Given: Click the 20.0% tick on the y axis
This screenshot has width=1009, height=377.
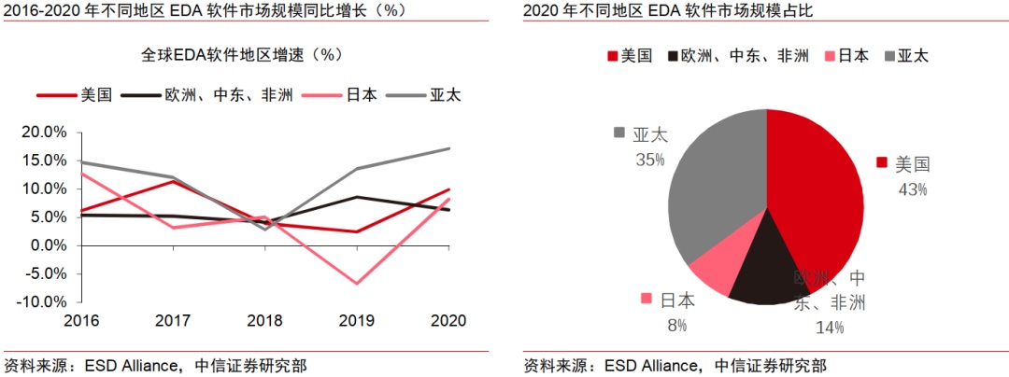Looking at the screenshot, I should pos(44,132).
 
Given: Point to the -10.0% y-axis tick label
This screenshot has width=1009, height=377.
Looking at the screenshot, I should pos(41,302).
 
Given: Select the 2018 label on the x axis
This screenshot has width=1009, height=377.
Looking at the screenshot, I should pos(264,320).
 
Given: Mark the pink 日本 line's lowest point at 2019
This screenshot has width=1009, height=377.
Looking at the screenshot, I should pos(356,283).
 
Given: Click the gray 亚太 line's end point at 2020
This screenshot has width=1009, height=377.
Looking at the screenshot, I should pos(448,148).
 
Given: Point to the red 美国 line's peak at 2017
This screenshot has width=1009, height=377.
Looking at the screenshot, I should pos(174,181).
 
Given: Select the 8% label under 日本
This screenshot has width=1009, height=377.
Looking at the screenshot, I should pos(676,325).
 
